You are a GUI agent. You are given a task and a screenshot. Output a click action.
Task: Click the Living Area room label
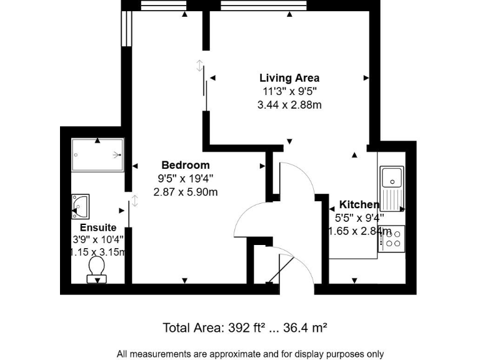pos(289,78)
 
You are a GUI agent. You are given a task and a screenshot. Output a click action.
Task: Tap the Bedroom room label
pos(185,165)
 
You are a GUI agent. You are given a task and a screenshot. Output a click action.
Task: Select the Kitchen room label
pos(359,204)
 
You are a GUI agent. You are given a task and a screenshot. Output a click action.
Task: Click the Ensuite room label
pos(98,227)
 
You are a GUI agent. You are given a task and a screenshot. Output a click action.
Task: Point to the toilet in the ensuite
pos(96,269)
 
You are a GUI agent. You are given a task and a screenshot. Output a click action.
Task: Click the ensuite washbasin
pos(81,204)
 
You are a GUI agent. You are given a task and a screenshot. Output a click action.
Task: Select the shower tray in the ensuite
pos(97,154)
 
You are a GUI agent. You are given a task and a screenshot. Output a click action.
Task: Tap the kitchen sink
pos(392,177)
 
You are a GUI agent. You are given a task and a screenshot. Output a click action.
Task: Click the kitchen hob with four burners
pos(392,238)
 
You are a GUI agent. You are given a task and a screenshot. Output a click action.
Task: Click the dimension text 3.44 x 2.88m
pos(289,105)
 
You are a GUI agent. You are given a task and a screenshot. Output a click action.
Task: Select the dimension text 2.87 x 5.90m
pos(186,192)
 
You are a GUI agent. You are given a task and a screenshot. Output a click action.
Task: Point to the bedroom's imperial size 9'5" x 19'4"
pos(186,179)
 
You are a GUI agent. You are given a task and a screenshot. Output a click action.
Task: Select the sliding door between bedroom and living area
pos(204,81)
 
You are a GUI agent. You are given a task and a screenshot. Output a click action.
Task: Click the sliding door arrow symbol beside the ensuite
pos(135,201)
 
